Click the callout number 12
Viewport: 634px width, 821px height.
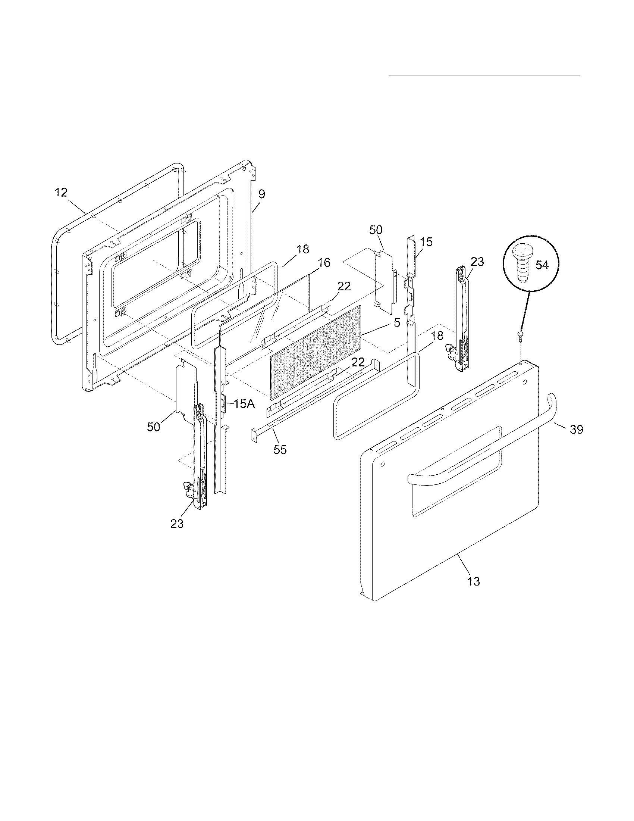click(61, 193)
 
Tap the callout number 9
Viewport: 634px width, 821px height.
click(262, 194)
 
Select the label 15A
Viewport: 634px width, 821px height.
click(244, 404)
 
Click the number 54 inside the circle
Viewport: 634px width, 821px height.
click(542, 265)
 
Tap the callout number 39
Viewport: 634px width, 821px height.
click(577, 429)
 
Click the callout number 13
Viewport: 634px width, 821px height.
click(474, 581)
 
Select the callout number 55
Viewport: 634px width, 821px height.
click(280, 450)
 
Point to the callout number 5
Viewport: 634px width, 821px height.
click(397, 322)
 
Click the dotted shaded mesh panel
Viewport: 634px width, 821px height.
click(316, 352)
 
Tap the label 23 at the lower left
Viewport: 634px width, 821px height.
click(177, 524)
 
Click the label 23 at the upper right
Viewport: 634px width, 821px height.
click(477, 262)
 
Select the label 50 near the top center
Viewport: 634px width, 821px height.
click(376, 230)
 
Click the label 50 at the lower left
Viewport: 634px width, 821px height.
click(154, 427)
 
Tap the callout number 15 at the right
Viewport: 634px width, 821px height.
click(426, 242)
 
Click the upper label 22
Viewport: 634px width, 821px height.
click(344, 287)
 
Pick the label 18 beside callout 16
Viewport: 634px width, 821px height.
click(303, 249)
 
